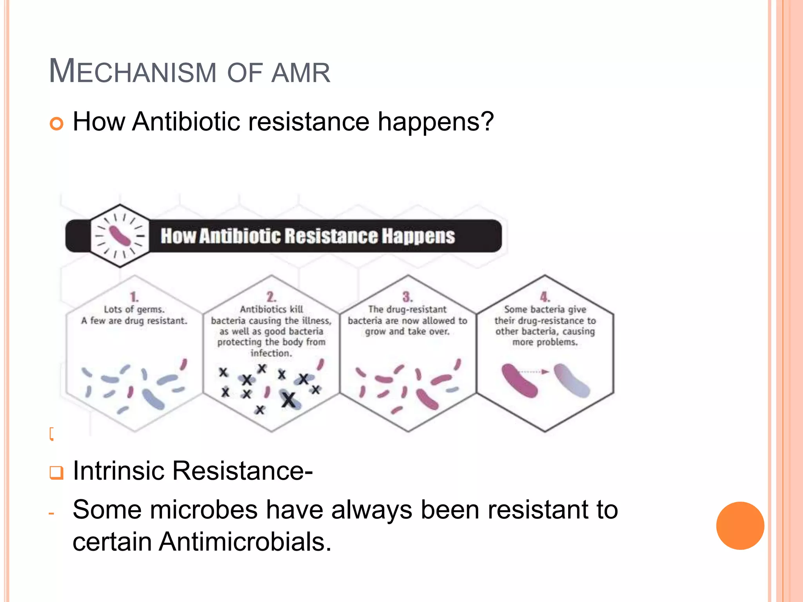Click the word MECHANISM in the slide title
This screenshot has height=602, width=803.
pos(133,72)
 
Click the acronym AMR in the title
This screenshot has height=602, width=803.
pos(301,73)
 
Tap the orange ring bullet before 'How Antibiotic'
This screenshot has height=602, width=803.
pos(56,124)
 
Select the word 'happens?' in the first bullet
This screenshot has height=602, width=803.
pos(435,122)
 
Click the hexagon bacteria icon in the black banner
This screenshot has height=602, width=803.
pos(120,236)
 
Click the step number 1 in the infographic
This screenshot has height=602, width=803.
pos(134,297)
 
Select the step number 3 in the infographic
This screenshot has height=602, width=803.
pos(407,297)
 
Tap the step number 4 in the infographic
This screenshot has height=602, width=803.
pos(545,297)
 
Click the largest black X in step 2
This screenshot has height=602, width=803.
pos(289,400)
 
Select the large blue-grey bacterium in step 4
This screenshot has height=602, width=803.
pos(572,380)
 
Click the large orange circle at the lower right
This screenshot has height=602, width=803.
pos(740,526)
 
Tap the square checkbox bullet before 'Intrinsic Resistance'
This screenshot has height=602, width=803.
pos(56,472)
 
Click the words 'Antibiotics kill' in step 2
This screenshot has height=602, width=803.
pos(271,309)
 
